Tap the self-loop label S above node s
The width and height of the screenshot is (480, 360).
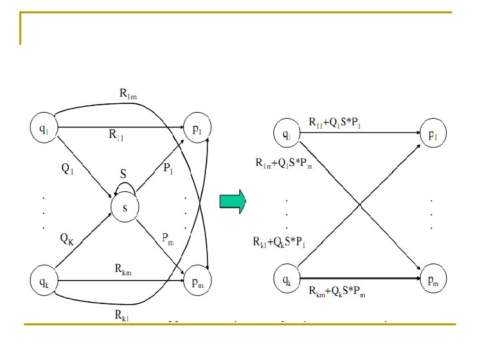[x=123, y=173]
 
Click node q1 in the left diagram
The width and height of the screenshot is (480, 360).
[x=43, y=128]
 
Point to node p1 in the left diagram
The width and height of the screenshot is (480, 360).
[x=198, y=129]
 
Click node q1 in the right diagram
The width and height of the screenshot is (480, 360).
[x=287, y=135]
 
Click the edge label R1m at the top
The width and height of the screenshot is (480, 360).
[x=128, y=95]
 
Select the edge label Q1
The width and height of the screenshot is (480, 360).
[x=67, y=169]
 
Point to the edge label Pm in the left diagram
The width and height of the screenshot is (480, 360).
[x=168, y=237]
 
